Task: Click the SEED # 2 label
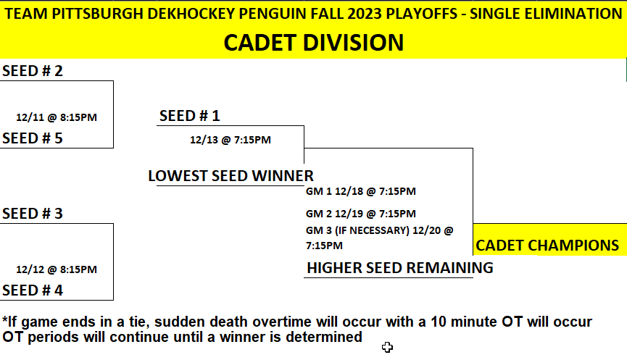point(33,71)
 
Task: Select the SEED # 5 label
point(33,138)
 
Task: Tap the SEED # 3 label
point(33,214)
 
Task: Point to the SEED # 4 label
point(33,290)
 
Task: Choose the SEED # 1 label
point(189,116)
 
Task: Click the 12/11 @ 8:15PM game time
point(57,117)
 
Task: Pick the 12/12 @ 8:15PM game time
point(57,269)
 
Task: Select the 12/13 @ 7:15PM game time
point(231,140)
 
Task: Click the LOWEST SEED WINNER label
point(231,176)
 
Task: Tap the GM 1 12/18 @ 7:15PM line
point(361,191)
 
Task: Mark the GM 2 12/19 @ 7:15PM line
point(361,214)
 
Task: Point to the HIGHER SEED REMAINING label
point(400,268)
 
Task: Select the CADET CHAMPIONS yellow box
point(550,239)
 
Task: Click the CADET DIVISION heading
point(313,43)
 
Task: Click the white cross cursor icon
point(387,347)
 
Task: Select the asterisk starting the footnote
point(5,319)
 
